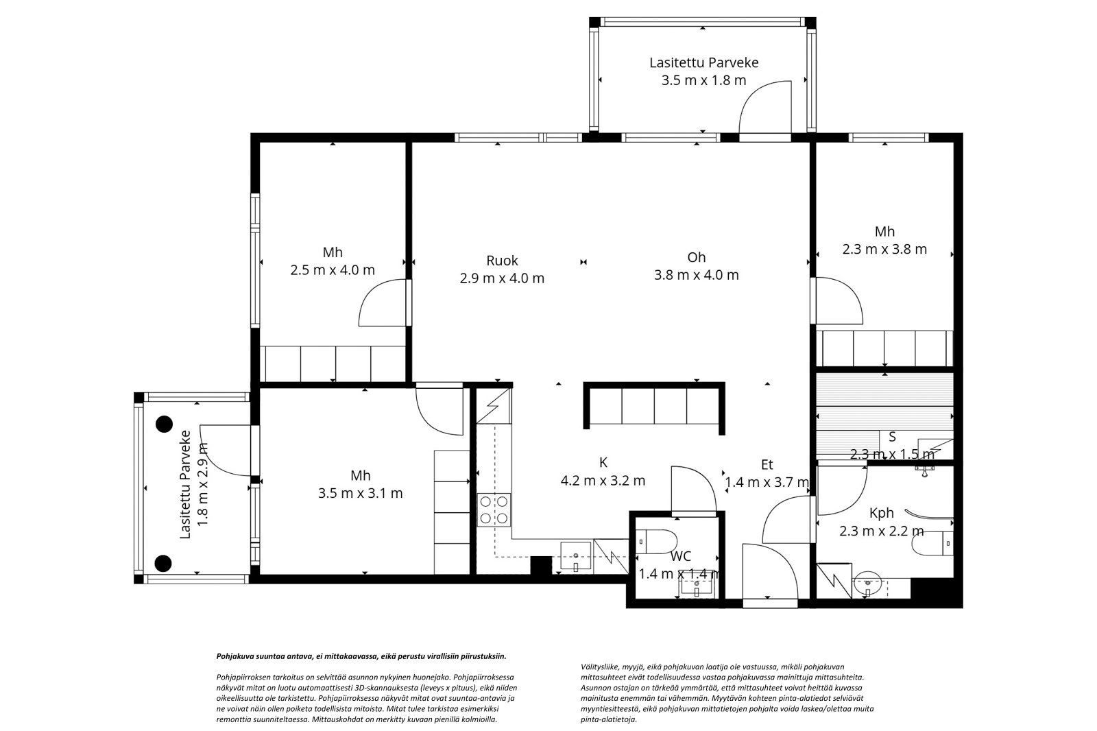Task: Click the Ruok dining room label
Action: click(x=502, y=260)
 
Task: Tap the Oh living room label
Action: click(x=696, y=257)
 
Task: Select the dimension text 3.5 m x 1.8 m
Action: click(x=703, y=80)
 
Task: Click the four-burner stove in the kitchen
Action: click(x=494, y=510)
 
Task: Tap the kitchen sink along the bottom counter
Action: click(x=575, y=557)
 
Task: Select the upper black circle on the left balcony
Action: click(x=164, y=424)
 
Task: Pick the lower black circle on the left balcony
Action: click(x=164, y=564)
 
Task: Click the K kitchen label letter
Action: click(x=603, y=462)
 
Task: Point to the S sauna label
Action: click(x=892, y=437)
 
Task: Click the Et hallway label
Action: click(x=767, y=464)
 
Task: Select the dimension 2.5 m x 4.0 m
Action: click(x=333, y=270)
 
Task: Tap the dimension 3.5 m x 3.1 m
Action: click(x=361, y=493)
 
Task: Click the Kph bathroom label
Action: click(x=882, y=513)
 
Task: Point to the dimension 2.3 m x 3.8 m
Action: click(x=884, y=250)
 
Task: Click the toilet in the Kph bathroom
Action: click(x=933, y=544)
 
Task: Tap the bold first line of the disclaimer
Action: click(x=361, y=656)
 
